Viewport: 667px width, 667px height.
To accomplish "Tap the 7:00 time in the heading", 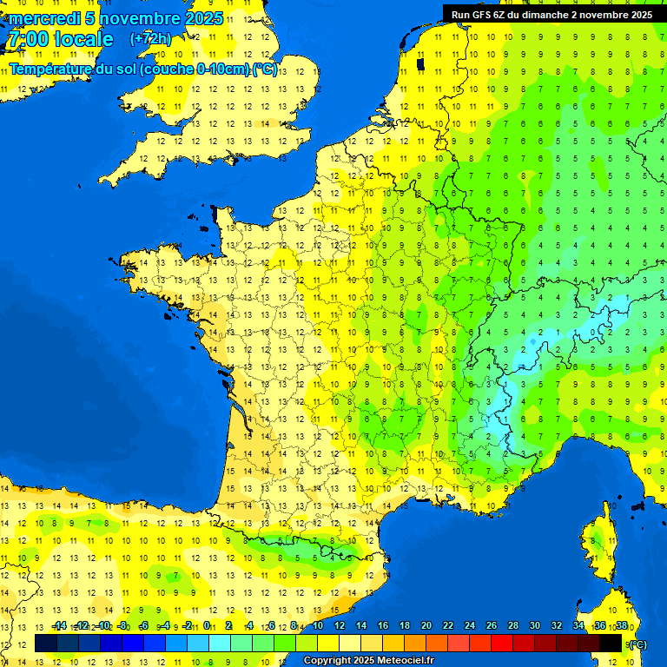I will pos(26,39).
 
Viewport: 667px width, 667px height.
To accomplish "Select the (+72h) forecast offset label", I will pos(150,38).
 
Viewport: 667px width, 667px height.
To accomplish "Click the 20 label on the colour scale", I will pos(426,625).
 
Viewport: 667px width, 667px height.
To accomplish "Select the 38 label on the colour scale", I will pos(621,625).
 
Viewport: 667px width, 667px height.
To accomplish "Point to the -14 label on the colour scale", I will pos(59,625).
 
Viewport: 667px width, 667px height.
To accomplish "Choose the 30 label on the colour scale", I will pos(534,625).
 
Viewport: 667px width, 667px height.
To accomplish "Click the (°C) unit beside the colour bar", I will pos(637,644).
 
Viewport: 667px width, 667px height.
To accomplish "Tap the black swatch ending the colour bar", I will pos(611,644).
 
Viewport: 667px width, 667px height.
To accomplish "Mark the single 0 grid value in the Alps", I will pos(592,333).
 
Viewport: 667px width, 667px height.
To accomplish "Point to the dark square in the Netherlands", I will pos(420,63).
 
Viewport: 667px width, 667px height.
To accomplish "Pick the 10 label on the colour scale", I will pos(318,625).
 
